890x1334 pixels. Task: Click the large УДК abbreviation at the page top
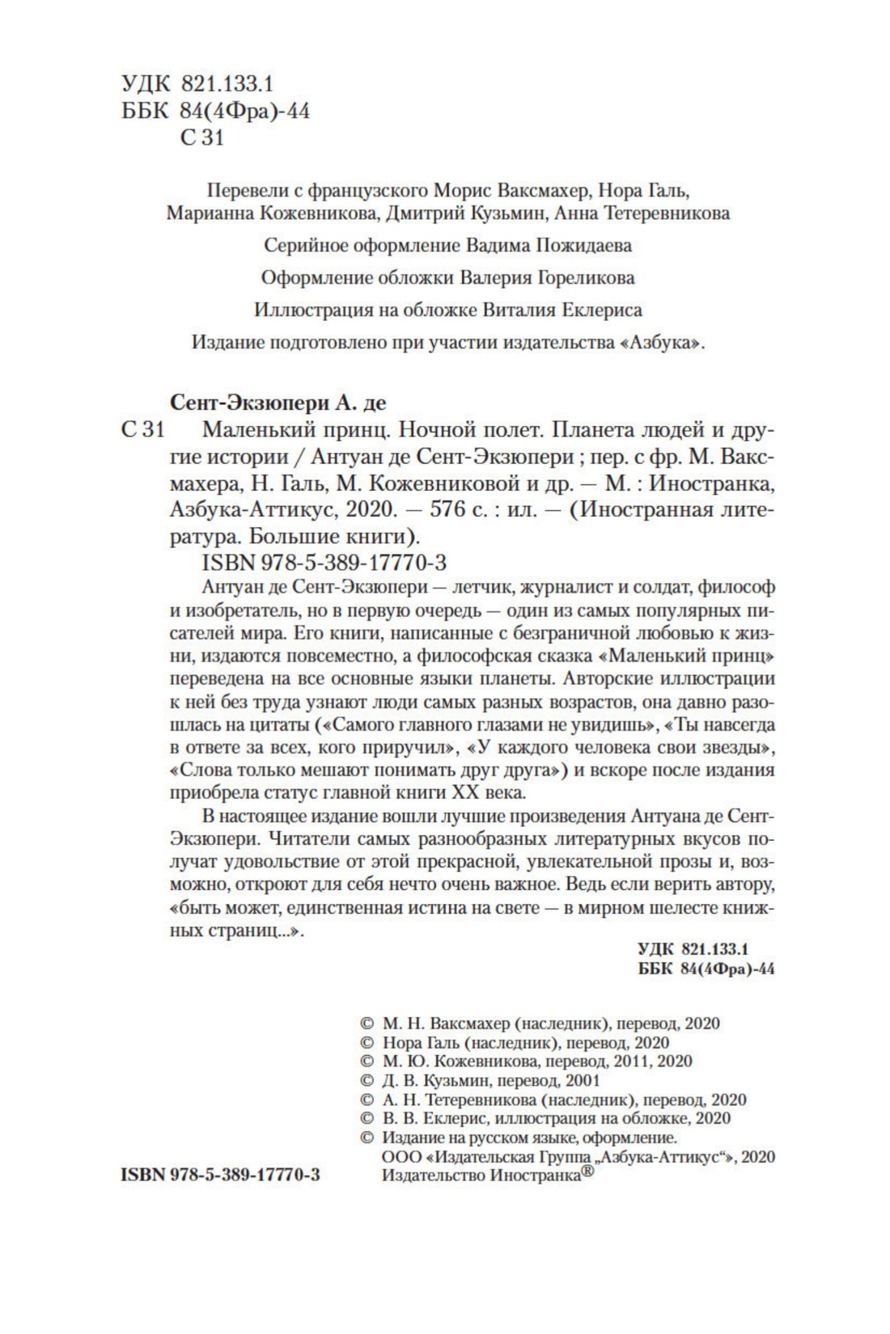[x=146, y=83]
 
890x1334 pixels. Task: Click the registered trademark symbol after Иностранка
[x=588, y=1171]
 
